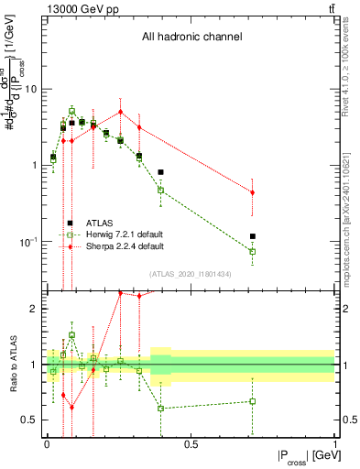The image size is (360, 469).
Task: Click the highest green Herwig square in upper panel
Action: pos(72,111)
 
